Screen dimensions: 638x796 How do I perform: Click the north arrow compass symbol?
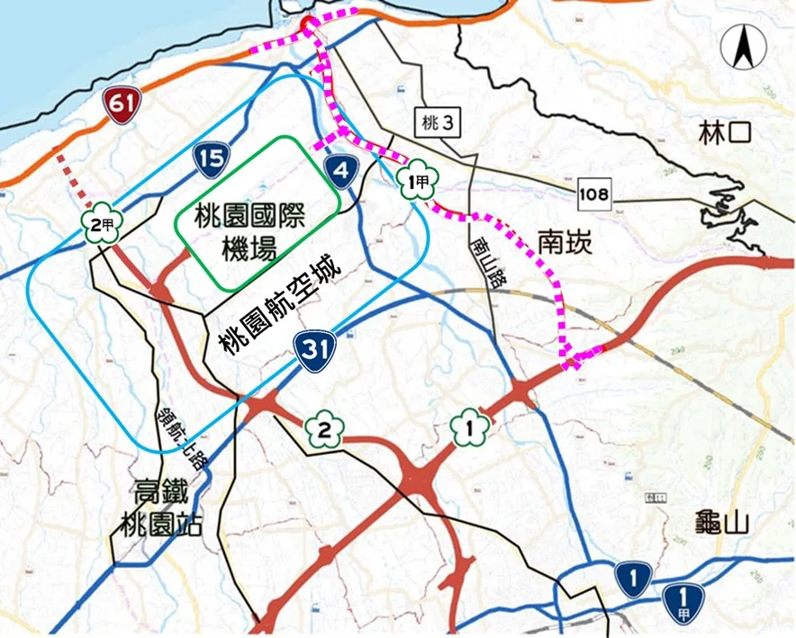tap(744, 46)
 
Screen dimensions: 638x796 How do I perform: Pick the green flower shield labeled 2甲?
tap(100, 224)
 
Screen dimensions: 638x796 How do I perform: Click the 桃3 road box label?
tap(437, 124)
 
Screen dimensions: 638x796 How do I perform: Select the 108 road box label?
tap(594, 193)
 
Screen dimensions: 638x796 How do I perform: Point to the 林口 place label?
tap(724, 135)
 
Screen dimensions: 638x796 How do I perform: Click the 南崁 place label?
tap(565, 241)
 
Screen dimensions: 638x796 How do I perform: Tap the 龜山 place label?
tap(723, 521)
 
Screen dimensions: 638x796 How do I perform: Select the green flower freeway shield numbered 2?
tap(323, 430)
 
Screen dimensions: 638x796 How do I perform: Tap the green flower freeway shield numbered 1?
tap(469, 422)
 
